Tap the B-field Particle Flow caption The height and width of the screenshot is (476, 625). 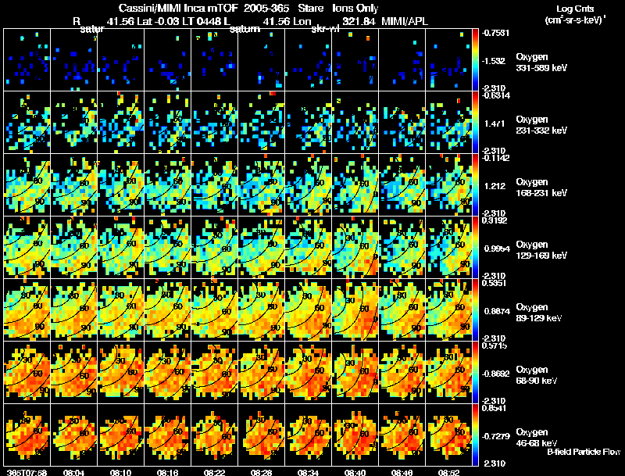pyautogui.click(x=584, y=452)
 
